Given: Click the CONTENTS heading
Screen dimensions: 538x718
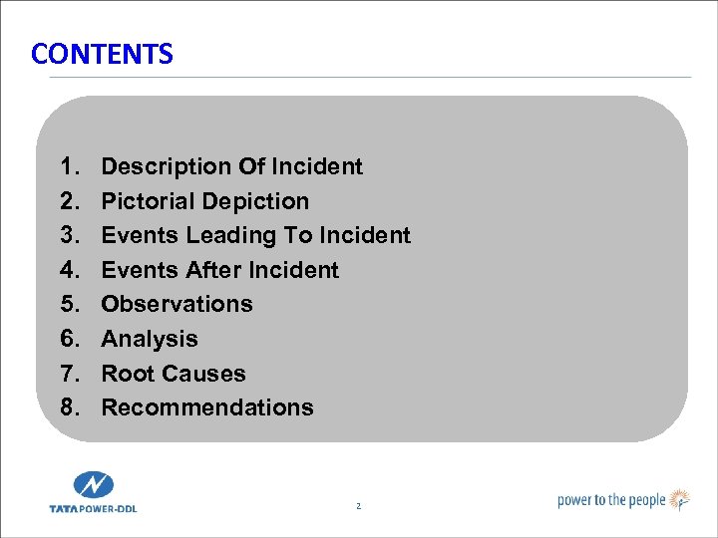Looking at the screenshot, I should point(102,54).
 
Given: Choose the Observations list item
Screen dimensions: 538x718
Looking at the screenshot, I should point(177,304).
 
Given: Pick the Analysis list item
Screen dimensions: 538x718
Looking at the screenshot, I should point(150,339).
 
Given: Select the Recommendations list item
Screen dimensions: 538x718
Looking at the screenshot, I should point(207,407).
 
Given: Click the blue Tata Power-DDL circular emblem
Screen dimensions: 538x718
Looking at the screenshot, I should point(94,487).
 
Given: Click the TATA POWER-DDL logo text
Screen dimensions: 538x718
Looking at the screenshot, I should point(94,508).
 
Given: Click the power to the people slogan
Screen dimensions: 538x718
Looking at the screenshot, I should point(611,500).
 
